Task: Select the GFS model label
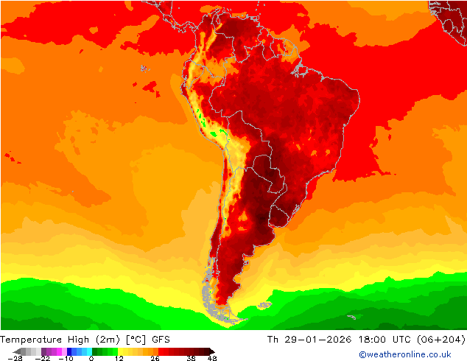coord(161,340)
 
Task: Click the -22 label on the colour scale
coord(42,358)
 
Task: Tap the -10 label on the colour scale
coord(66,358)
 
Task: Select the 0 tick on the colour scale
coord(91,358)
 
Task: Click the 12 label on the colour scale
coord(118,358)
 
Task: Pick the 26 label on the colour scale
coord(155,358)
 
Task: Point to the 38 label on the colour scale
coord(191,358)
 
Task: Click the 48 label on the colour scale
coord(212,358)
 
